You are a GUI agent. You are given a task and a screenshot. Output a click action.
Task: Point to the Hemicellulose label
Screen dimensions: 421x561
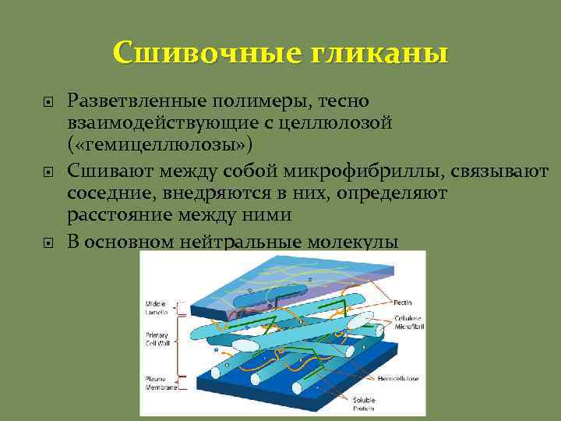(399, 378)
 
